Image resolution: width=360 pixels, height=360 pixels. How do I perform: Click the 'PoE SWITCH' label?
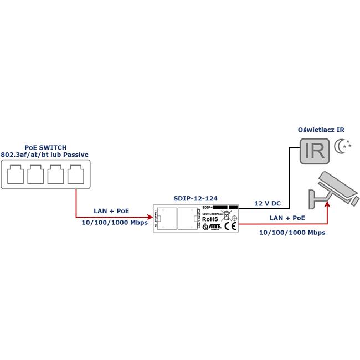tap(45, 147)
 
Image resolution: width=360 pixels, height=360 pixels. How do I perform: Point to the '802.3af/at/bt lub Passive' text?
tap(45, 155)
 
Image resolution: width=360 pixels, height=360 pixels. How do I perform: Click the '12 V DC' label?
tap(267, 203)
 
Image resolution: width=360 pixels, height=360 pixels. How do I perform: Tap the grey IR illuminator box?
tap(313, 151)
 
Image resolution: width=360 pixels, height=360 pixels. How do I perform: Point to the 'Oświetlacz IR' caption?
tap(322, 130)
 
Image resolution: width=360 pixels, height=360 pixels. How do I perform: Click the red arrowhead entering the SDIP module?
tap(152, 217)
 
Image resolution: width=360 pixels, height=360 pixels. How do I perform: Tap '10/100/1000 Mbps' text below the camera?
tap(292, 233)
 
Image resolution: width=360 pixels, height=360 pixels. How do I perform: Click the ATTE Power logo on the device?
tap(212, 226)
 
